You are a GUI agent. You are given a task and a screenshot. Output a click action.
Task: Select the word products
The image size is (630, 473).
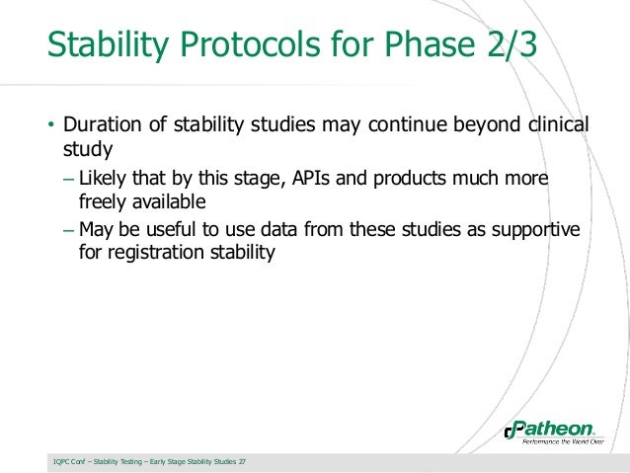[415, 180]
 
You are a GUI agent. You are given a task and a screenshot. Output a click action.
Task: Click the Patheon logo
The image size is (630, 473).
[549, 429]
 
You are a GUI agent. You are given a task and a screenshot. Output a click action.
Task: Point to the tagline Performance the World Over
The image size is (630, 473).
[555, 443]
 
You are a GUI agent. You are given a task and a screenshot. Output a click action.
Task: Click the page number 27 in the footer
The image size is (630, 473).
[243, 461]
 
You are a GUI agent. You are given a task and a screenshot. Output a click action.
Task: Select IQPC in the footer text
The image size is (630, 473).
[62, 461]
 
